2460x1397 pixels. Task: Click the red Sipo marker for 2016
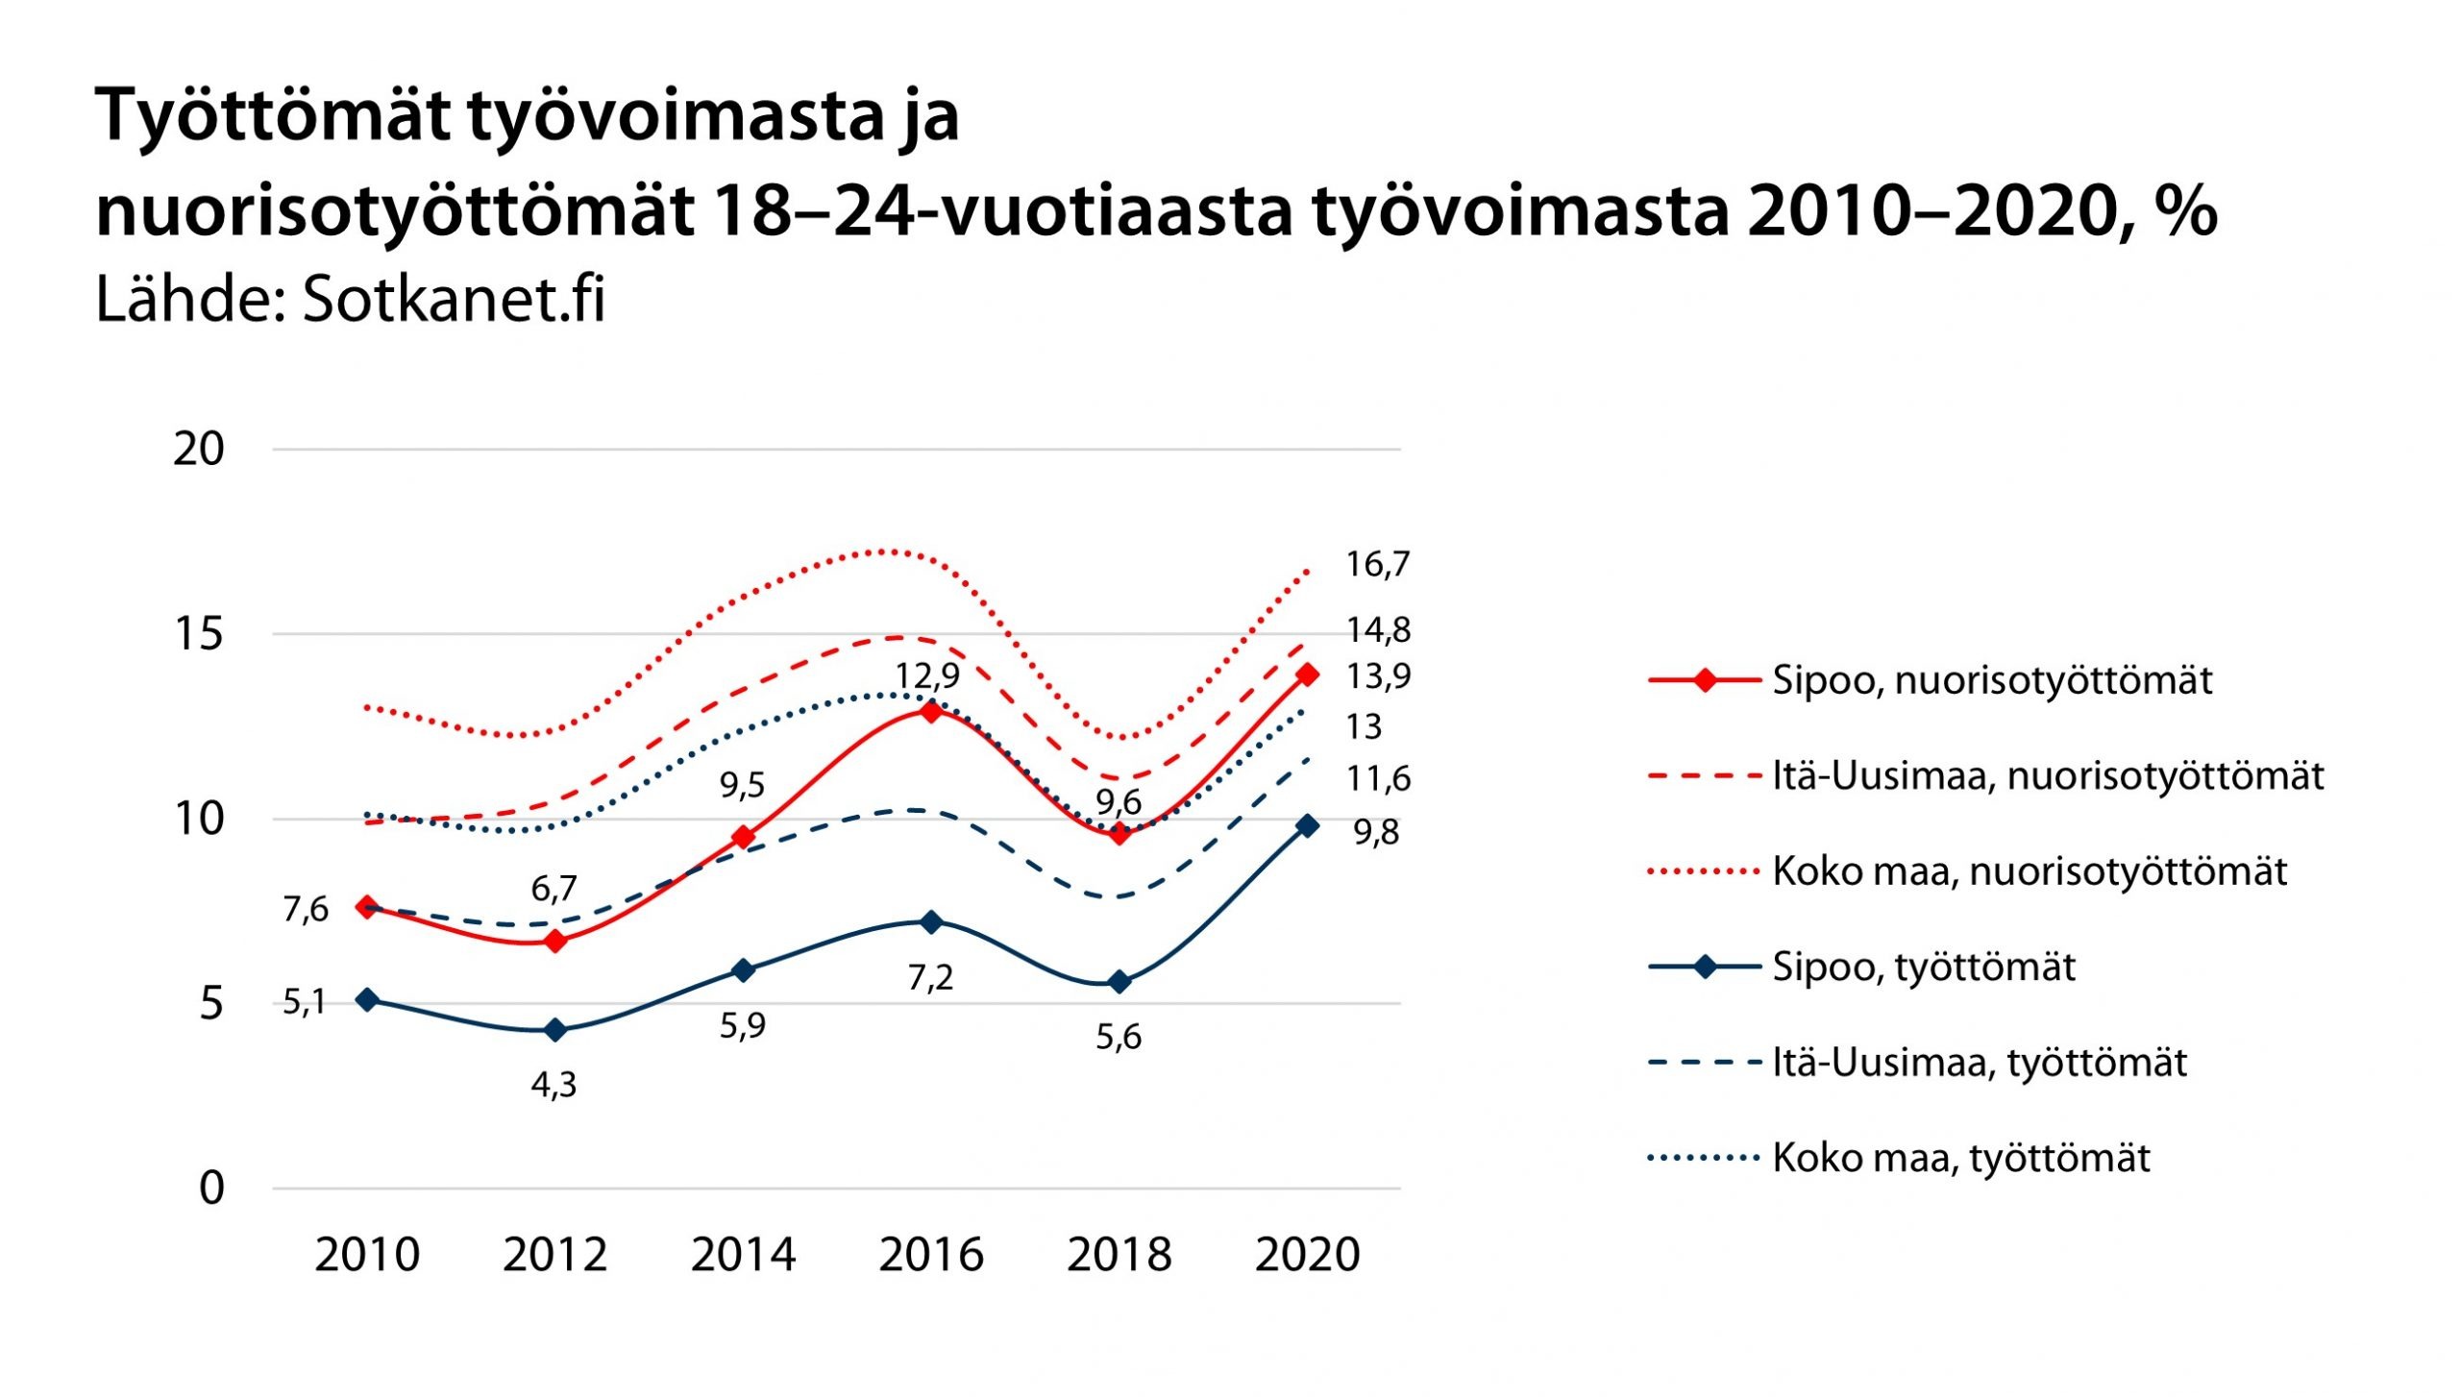(x=930, y=711)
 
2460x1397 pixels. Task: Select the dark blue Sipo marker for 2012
(x=554, y=1030)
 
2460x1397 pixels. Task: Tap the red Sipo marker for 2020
(x=1307, y=674)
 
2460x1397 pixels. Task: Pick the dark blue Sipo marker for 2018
(x=1119, y=981)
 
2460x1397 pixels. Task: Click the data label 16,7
(x=1377, y=564)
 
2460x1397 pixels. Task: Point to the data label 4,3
(x=554, y=1085)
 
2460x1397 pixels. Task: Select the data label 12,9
(x=927, y=674)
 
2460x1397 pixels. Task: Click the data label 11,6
(x=1378, y=778)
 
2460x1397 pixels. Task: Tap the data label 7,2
(x=930, y=977)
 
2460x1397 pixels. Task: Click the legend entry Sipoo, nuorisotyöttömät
(x=1991, y=680)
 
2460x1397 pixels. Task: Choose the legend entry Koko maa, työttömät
(x=1960, y=1158)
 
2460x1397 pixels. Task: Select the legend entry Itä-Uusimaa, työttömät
(x=1979, y=1063)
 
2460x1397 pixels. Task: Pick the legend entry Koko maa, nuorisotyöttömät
(x=2029, y=871)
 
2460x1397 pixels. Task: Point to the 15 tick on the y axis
(x=198, y=634)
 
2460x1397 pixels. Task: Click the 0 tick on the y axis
(x=211, y=1189)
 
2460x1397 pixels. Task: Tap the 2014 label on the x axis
(x=743, y=1255)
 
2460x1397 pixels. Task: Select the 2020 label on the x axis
(x=1307, y=1255)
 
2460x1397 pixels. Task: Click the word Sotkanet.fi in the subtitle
(x=454, y=300)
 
